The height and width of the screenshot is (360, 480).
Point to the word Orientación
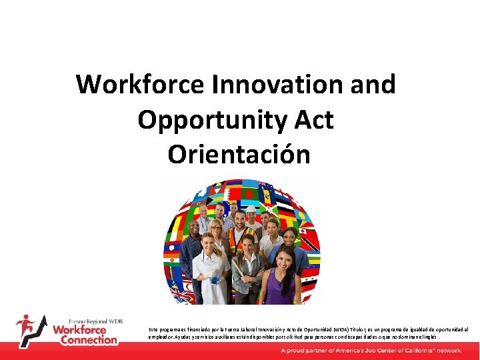click(x=239, y=155)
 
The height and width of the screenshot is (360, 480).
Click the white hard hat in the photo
click(x=251, y=209)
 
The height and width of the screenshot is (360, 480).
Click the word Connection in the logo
click(x=89, y=340)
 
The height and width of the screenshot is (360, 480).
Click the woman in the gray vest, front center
click(x=247, y=273)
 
